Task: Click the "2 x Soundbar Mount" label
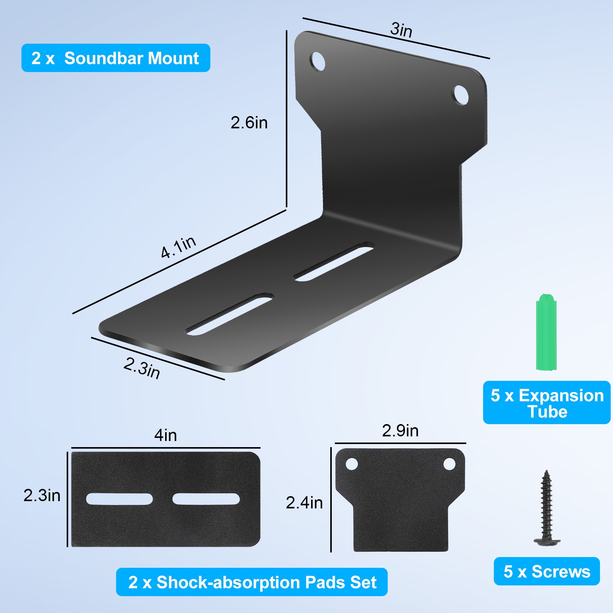(115, 58)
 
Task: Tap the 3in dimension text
(401, 30)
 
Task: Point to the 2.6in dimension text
(249, 123)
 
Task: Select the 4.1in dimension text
(178, 247)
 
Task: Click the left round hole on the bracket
(317, 61)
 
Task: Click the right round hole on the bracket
(460, 95)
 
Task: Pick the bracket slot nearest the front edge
(230, 315)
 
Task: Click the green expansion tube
(546, 333)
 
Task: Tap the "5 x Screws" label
(547, 572)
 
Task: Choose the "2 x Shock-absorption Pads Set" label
(252, 582)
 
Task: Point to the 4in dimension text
(166, 436)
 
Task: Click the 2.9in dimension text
(400, 431)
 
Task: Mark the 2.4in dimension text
(304, 503)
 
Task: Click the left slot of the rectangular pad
(119, 499)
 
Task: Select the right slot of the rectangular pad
(206, 499)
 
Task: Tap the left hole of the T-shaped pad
(352, 464)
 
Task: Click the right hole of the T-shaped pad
(449, 464)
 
